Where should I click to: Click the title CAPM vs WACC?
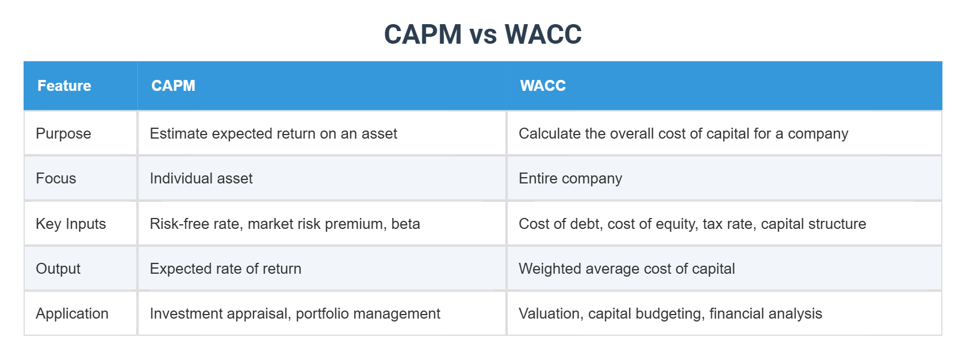click(x=482, y=35)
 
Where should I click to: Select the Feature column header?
click(x=64, y=86)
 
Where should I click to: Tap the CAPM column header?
click(x=173, y=86)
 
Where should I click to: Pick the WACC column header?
click(x=543, y=86)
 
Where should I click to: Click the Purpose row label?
click(x=63, y=133)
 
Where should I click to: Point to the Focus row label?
click(x=56, y=178)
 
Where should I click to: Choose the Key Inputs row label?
click(x=71, y=224)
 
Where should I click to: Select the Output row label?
click(x=58, y=269)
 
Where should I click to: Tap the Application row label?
click(x=72, y=313)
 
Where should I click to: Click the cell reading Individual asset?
click(x=201, y=178)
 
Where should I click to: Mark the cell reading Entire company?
click(x=570, y=178)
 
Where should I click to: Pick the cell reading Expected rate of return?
click(x=225, y=269)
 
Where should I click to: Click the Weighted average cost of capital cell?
click(x=627, y=269)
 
